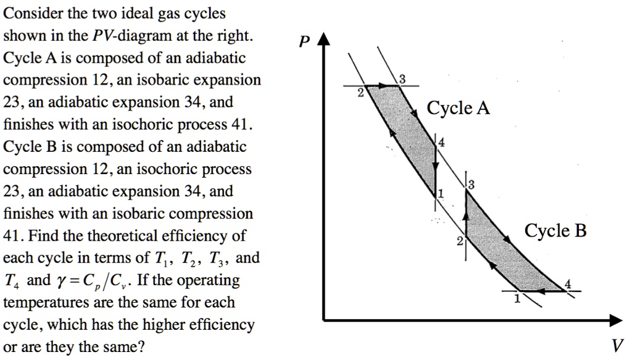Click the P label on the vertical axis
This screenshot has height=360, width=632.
tap(303, 43)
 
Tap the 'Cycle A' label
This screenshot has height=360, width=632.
tap(459, 109)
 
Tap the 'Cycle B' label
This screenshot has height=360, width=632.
tap(555, 231)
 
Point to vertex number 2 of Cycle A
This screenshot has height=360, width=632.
tap(368, 86)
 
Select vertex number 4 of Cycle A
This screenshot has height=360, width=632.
tap(435, 141)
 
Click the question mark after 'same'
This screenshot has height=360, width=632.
tap(142, 347)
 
